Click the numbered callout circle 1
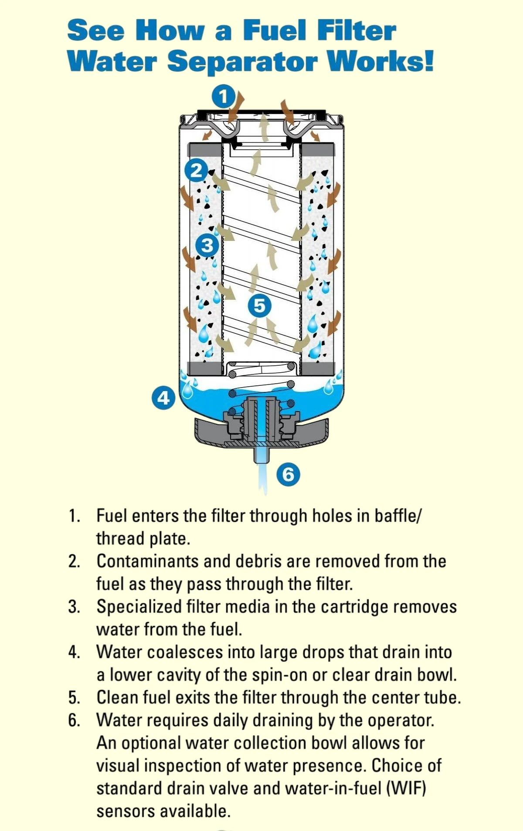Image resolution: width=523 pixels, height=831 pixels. [224, 96]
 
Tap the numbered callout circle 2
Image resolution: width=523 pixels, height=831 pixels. [197, 170]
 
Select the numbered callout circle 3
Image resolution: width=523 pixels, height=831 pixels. [207, 245]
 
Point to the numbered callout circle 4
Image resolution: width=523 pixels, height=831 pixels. [163, 398]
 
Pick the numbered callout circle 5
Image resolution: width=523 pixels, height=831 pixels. [259, 305]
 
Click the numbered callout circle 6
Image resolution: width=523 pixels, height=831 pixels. [289, 474]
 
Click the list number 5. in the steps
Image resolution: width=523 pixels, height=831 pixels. [74, 697]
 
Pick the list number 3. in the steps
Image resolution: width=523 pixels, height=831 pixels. [74, 607]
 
